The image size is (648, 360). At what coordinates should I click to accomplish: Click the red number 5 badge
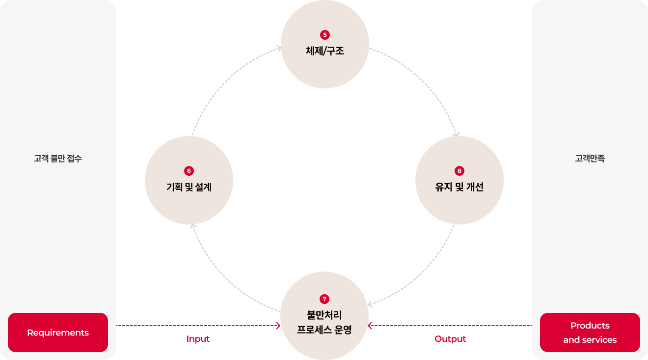325,35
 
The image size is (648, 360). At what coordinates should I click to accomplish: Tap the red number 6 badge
189,171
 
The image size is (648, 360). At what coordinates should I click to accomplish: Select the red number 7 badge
324,299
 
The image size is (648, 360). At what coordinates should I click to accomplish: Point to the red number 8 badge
459,171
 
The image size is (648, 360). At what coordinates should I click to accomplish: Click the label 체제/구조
325,51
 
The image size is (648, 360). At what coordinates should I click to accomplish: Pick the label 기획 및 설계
189,187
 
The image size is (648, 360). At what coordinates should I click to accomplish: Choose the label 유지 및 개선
459,187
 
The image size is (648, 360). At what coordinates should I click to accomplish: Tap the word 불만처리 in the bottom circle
324,315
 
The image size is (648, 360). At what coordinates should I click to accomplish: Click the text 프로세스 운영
324,330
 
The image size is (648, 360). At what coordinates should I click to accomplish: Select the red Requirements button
58,332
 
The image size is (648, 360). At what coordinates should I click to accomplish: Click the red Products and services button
590,332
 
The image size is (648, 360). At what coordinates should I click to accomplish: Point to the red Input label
198,339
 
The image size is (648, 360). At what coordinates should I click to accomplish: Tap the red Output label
450,339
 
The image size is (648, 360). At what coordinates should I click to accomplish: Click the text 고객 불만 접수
58,158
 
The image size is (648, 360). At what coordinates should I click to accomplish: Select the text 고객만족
590,158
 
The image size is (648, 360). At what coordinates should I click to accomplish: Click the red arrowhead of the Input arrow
278,326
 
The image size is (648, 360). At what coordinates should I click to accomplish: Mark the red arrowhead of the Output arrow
370,326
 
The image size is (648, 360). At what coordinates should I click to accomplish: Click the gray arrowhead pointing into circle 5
278,48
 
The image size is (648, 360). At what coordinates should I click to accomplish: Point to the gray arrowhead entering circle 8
456,134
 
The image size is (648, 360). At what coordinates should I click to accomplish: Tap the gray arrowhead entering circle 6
193,226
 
